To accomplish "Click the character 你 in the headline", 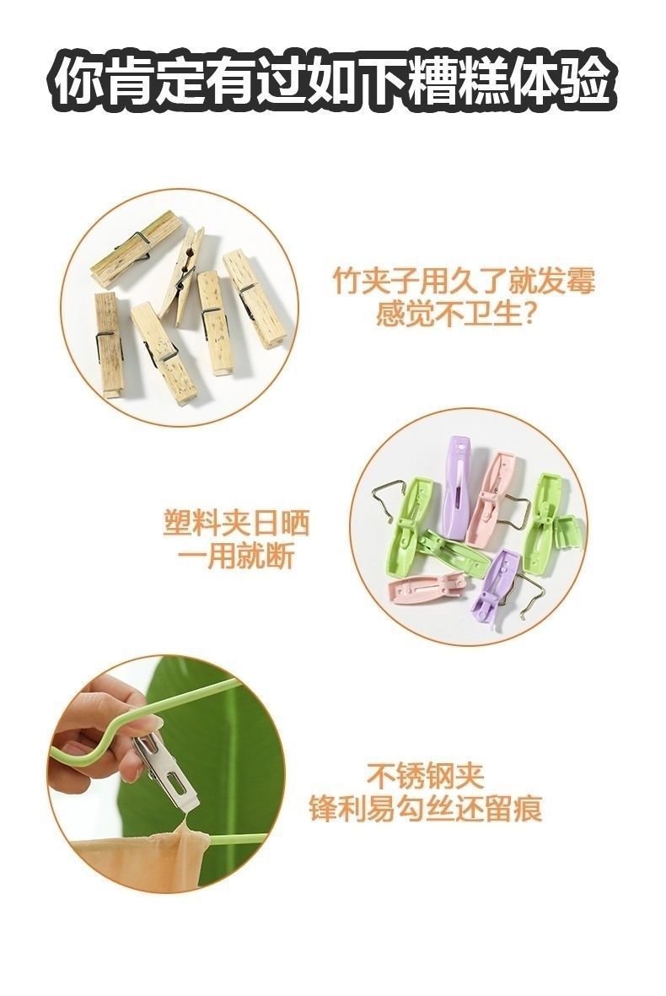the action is pyautogui.click(x=77, y=82).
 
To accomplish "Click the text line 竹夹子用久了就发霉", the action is pyautogui.click(x=464, y=281).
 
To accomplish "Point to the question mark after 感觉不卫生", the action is pyautogui.click(x=522, y=315).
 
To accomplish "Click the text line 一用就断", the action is pyautogui.click(x=235, y=557).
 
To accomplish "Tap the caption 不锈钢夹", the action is pyautogui.click(x=426, y=774).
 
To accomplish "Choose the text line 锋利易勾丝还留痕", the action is pyautogui.click(x=426, y=809).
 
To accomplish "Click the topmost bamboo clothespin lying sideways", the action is pyautogui.click(x=135, y=248).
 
